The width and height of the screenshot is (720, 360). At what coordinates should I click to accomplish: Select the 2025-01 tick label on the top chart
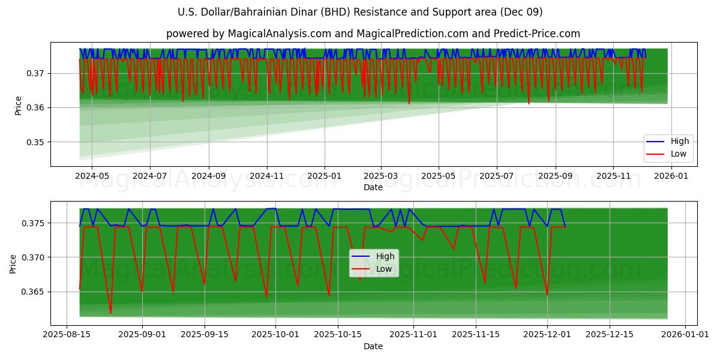pyautogui.click(x=324, y=177)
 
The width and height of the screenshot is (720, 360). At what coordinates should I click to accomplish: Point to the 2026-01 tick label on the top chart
pyautogui.click(x=671, y=177)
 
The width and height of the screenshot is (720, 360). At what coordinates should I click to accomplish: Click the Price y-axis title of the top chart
pyautogui.click(x=18, y=106)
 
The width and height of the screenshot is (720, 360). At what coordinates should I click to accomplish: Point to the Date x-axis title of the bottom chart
pyautogui.click(x=373, y=346)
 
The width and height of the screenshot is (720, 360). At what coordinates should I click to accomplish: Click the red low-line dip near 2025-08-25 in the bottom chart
pyautogui.click(x=110, y=313)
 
